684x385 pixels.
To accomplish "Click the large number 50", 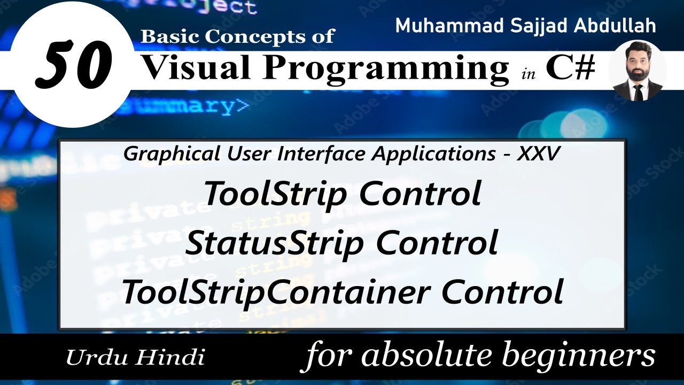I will coord(74,66).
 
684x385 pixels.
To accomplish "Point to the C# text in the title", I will coord(570,68).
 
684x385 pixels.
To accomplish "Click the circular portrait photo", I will coord(638,71).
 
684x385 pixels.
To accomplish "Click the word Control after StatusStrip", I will coord(437,243).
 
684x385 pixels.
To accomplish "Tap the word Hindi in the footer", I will coord(171,357).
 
